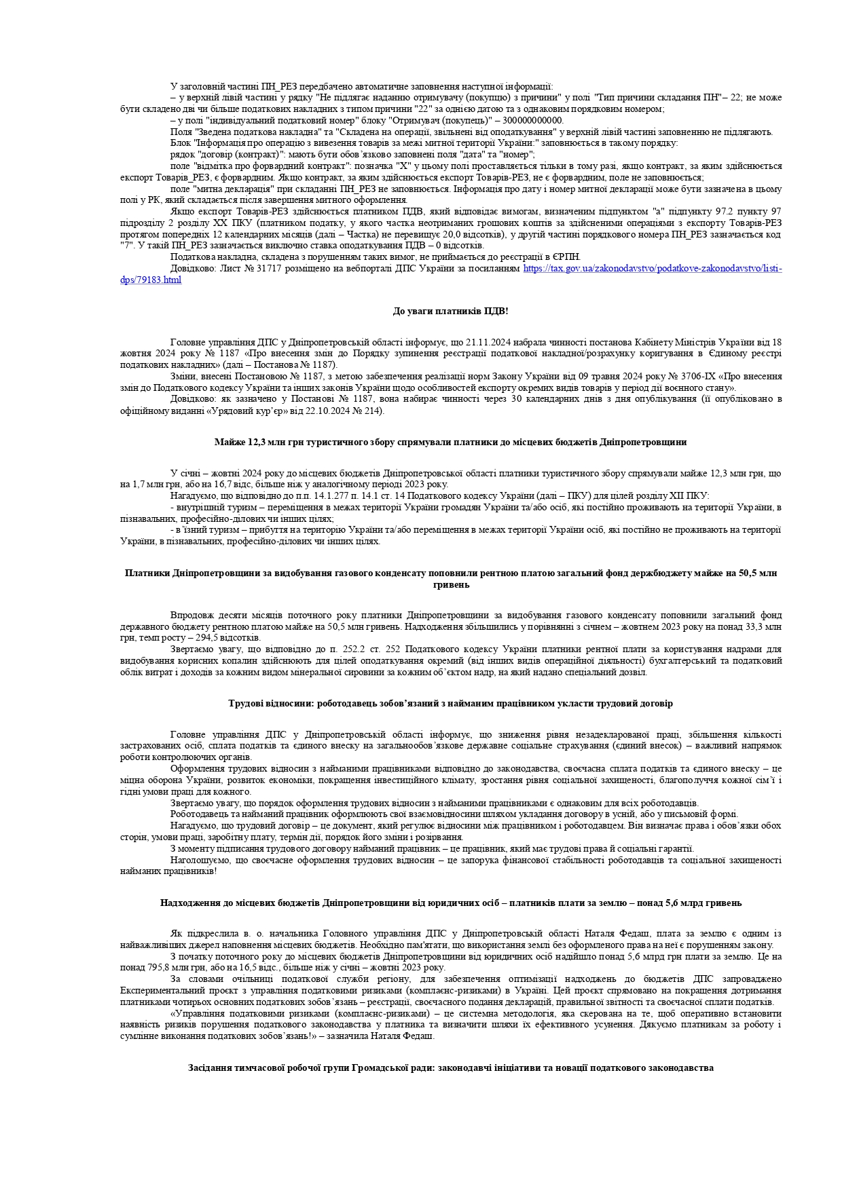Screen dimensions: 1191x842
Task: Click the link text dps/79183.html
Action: [x=151, y=280]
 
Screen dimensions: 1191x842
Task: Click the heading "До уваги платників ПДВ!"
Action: [x=450, y=311]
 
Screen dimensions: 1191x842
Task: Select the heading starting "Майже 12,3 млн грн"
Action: [x=450, y=442]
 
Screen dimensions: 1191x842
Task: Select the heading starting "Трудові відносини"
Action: [x=450, y=703]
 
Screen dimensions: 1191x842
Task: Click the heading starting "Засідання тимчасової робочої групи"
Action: [x=450, y=1067]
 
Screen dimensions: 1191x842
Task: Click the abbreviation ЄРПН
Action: [x=566, y=257]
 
